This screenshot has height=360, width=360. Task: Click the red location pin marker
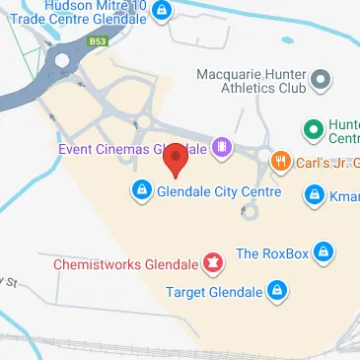coord(176,158)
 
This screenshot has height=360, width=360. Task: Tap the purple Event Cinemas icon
coord(223,149)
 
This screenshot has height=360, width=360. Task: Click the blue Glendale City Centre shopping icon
coord(142,191)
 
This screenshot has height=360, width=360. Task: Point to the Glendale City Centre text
coord(219,192)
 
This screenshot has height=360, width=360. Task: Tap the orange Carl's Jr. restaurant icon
coord(281,162)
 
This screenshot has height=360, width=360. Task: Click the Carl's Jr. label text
coord(326,163)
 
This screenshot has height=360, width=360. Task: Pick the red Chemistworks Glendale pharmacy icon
coord(211,263)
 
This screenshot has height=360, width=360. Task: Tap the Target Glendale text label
coord(214,291)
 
